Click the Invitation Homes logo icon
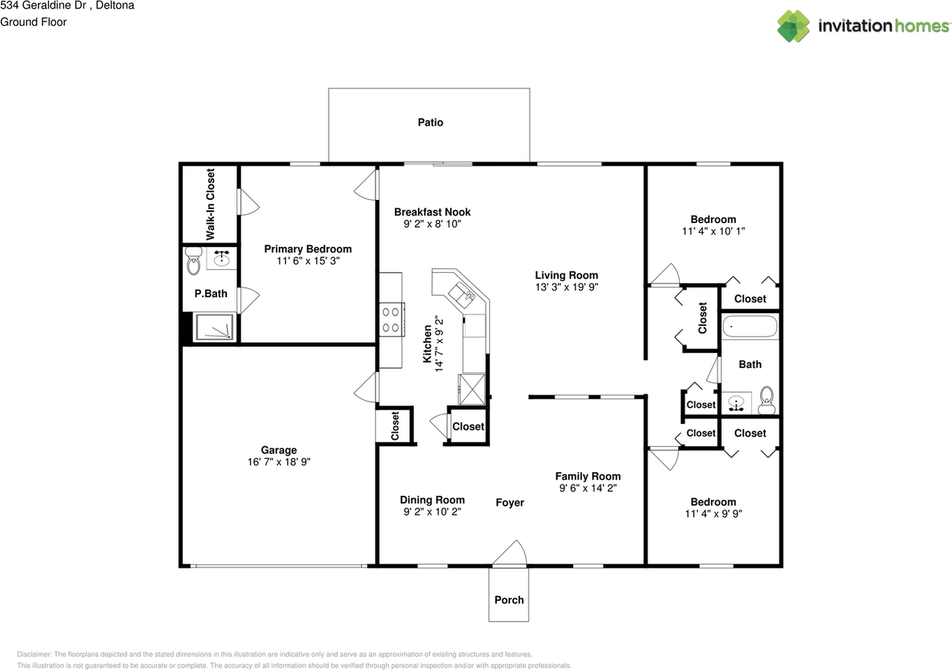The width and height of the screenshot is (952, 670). (x=794, y=26)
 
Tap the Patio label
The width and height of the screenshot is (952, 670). (x=430, y=122)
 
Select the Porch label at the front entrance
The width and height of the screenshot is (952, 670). (x=509, y=599)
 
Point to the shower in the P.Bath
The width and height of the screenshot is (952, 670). (x=214, y=328)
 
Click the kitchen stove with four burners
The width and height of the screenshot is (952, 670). (x=391, y=320)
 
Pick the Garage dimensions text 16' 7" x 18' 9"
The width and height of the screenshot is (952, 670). (x=279, y=462)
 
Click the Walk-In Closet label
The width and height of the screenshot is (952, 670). (x=210, y=204)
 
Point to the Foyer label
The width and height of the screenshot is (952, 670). (x=509, y=503)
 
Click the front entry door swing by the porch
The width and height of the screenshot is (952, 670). (x=509, y=555)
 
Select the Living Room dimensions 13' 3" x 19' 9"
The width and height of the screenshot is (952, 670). (x=566, y=287)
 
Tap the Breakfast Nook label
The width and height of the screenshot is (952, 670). (x=432, y=212)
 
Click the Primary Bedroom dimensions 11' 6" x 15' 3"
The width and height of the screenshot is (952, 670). (x=308, y=261)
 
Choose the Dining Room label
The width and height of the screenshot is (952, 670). (x=432, y=500)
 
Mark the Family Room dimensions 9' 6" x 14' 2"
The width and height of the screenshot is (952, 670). (x=588, y=489)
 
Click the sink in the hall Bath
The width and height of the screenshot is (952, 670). (x=736, y=404)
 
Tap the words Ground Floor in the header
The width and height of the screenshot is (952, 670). (x=33, y=22)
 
